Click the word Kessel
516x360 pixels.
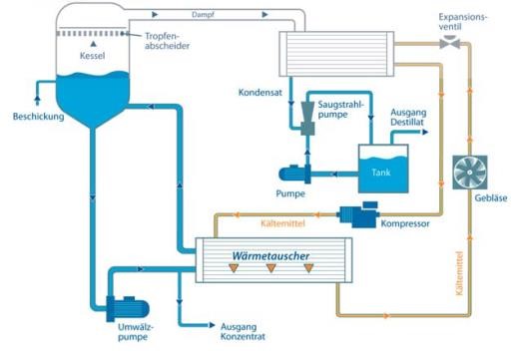click(92, 56)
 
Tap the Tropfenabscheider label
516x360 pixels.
click(167, 41)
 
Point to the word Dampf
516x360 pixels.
click(203, 15)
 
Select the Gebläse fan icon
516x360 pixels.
click(470, 173)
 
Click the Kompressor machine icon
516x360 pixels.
click(358, 214)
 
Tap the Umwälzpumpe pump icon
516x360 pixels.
click(128, 309)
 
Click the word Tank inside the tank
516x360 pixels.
click(381, 173)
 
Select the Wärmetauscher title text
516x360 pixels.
click(270, 256)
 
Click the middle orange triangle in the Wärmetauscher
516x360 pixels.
click(271, 267)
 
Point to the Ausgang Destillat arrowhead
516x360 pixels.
click(425, 132)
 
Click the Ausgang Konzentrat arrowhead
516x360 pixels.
click(212, 325)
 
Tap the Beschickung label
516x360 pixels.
click(38, 117)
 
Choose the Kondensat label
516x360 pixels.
click(260, 93)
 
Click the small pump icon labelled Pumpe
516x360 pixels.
click(294, 174)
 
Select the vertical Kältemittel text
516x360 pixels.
click(459, 273)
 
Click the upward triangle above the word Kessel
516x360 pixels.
click(94, 44)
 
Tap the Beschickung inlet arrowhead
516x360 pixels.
click(37, 99)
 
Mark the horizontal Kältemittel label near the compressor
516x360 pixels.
click(282, 223)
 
